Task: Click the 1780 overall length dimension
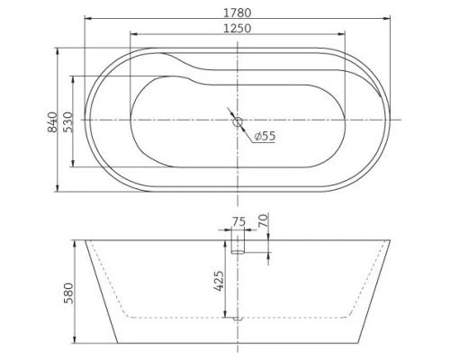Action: (x=238, y=13)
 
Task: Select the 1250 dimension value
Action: (x=238, y=28)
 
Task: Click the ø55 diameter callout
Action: (x=265, y=136)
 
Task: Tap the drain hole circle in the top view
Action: (x=238, y=121)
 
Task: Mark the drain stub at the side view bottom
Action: (x=238, y=319)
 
